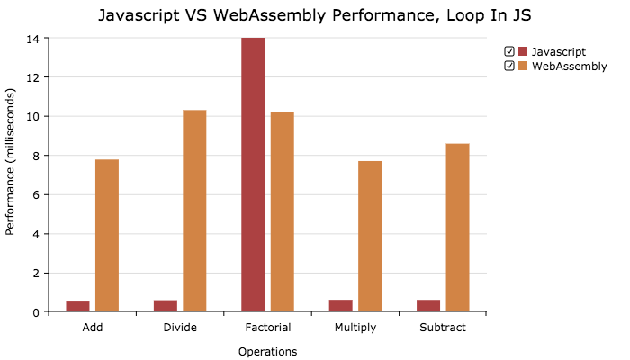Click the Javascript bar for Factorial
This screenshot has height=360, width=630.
(253, 175)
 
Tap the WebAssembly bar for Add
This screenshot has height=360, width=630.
(107, 236)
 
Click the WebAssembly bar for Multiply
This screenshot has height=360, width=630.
(370, 237)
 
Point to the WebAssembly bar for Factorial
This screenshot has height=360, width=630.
(283, 211)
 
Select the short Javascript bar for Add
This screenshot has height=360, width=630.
(77, 306)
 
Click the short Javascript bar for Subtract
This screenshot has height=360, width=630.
(428, 306)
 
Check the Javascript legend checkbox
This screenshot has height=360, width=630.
(509, 51)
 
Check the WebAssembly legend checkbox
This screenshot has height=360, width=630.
(509, 66)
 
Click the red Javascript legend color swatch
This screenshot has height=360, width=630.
(523, 51)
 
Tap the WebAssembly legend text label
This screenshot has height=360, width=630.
(569, 66)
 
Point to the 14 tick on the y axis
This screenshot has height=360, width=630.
(32, 39)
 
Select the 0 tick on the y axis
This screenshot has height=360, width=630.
(33, 312)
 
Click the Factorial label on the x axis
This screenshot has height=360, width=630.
(267, 328)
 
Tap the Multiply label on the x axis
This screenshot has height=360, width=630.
(355, 328)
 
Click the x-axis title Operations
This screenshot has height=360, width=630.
(267, 351)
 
